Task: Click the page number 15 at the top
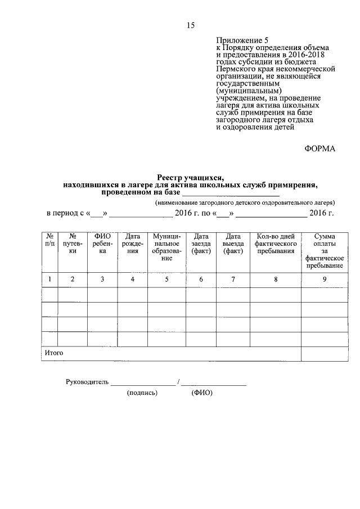[x=190, y=25]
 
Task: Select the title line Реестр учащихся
[x=190, y=177]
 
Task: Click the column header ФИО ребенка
[x=102, y=244]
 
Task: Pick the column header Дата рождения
[x=132, y=244]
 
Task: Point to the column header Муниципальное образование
[x=166, y=247]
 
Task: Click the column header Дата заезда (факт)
[x=201, y=244]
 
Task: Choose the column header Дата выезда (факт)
[x=233, y=244]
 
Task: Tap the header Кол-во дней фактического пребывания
[x=275, y=244]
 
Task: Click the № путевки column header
[x=72, y=244]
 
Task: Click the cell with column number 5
[x=166, y=279]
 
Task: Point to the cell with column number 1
[x=49, y=279]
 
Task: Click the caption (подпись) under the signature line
[x=142, y=393]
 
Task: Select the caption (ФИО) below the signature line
[x=201, y=393]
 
